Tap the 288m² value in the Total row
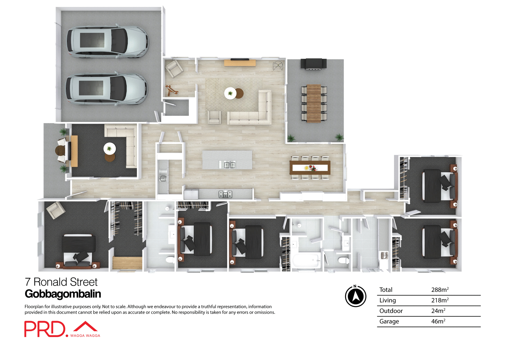[440, 290]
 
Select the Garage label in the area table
[389, 321]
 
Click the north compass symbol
[356, 296]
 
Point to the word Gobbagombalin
[63, 294]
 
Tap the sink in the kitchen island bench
[227, 165]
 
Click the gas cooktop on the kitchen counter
[225, 194]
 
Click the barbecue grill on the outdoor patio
[313, 64]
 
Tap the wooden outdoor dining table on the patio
[314, 103]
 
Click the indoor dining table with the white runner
[310, 168]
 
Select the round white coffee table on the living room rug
[230, 93]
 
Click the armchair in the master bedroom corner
[56, 210]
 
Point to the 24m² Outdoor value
[438, 311]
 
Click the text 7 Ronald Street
[61, 282]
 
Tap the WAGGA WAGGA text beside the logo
[85, 335]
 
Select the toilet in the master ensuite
[170, 260]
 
